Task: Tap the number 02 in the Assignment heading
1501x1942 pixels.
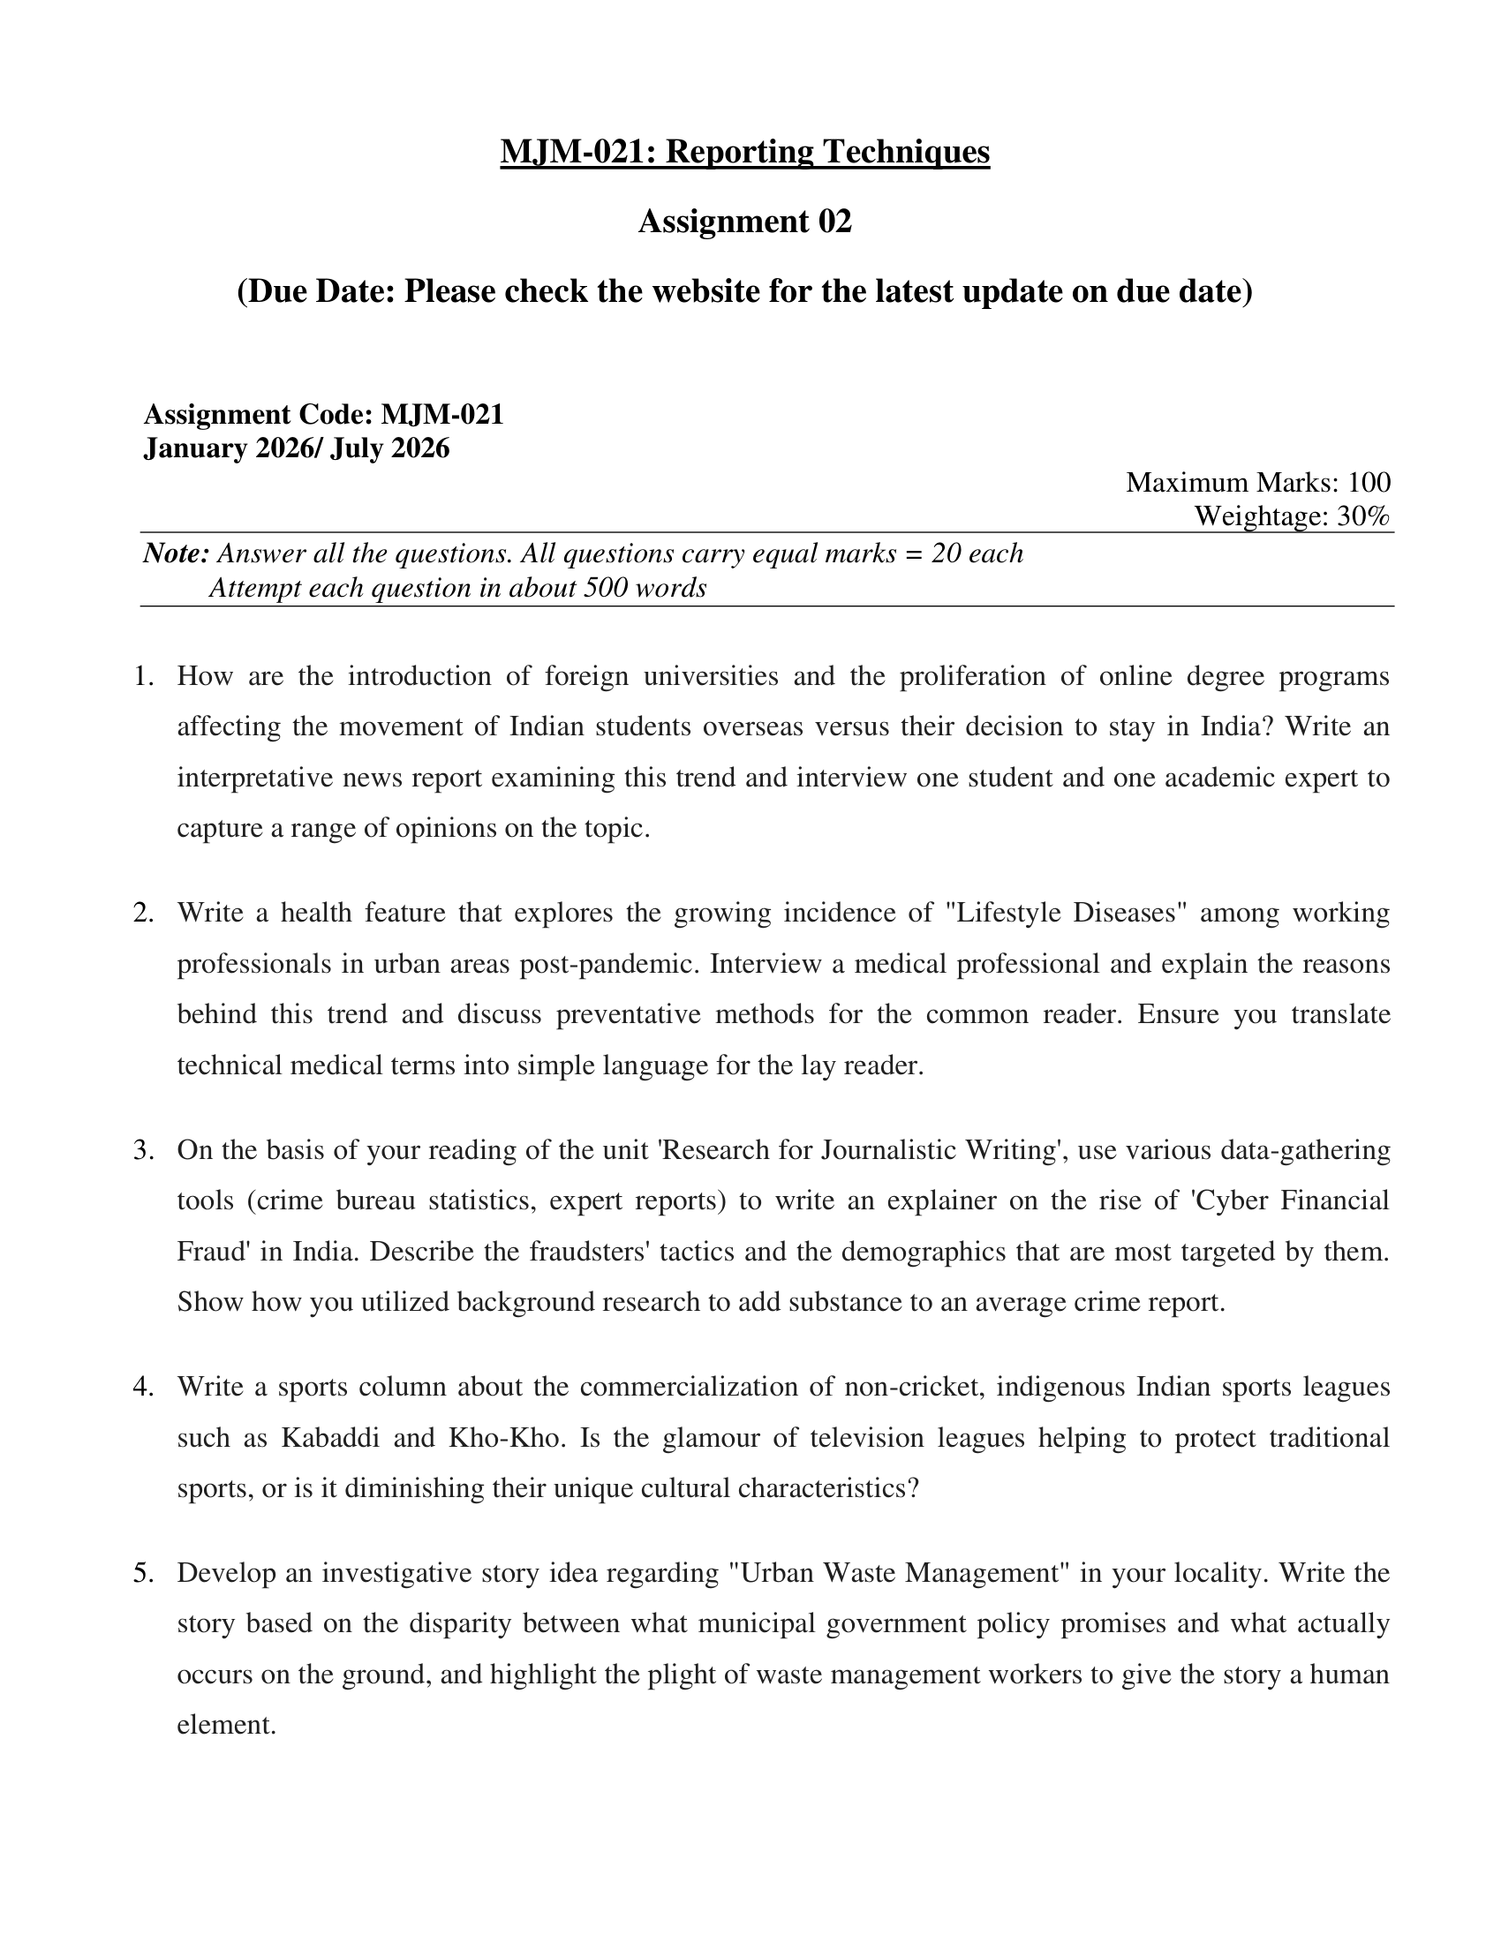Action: [x=834, y=222]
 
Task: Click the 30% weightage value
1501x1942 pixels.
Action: [x=1362, y=516]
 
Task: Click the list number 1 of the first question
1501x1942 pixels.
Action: [x=142, y=677]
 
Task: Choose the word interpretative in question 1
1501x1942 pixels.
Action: [x=253, y=778]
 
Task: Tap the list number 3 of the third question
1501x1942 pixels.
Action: [x=142, y=1150]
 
